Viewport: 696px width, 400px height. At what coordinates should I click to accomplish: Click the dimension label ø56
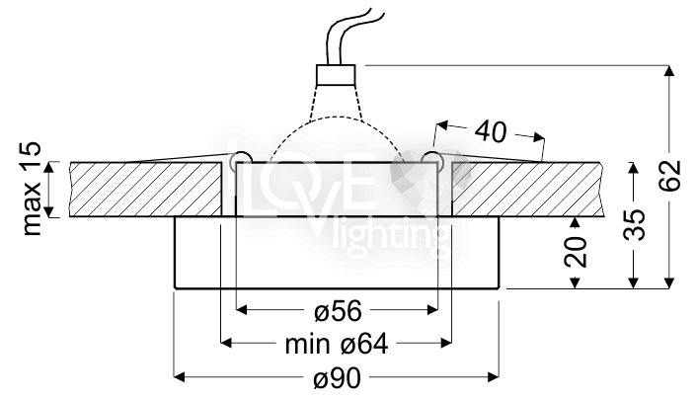[x=338, y=311]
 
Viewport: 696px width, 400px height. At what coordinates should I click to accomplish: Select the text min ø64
[x=337, y=344]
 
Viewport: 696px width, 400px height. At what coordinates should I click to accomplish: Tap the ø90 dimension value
[x=338, y=378]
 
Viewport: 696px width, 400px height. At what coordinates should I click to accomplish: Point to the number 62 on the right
[x=669, y=176]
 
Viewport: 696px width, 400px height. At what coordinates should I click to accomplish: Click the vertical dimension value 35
[x=634, y=224]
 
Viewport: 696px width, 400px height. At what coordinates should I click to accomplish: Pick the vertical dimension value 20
[x=576, y=253]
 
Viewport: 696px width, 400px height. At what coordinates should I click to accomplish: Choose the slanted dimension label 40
[x=490, y=131]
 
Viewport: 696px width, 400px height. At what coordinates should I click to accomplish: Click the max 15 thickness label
[x=32, y=189]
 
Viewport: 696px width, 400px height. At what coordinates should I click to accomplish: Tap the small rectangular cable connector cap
[x=336, y=75]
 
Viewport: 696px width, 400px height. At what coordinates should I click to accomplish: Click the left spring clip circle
[x=241, y=161]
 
